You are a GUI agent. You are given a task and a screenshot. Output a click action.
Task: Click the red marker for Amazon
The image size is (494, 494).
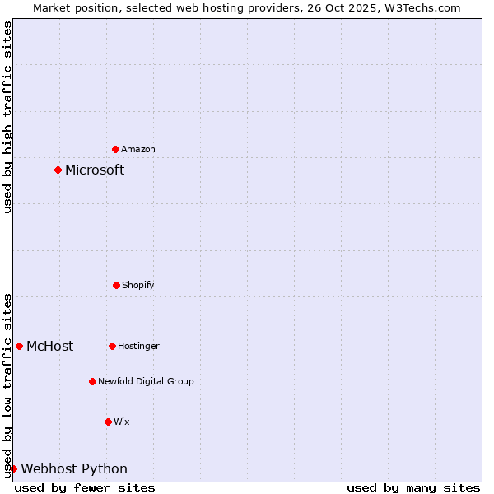pyautogui.click(x=115, y=149)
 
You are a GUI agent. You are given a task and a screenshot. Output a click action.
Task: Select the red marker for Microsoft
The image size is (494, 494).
pyautogui.click(x=58, y=170)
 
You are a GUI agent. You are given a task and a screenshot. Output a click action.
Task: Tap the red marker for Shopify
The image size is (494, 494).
pyautogui.click(x=116, y=285)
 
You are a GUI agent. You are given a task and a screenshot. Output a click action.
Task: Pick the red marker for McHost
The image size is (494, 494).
pyautogui.click(x=19, y=346)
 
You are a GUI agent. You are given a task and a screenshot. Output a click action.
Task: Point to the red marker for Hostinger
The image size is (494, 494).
pyautogui.click(x=112, y=346)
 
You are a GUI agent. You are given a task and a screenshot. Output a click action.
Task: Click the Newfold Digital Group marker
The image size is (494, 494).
pyautogui.click(x=92, y=381)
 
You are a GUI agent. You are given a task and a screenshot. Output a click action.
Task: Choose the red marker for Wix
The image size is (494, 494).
pyautogui.click(x=108, y=422)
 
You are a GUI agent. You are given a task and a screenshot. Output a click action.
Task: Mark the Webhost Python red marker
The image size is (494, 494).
pyautogui.click(x=13, y=468)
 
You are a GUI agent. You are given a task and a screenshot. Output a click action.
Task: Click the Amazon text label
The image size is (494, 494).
pyautogui.click(x=138, y=149)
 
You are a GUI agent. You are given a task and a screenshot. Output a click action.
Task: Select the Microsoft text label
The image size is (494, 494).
pyautogui.click(x=95, y=170)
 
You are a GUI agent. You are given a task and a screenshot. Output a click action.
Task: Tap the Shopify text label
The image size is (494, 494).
pyautogui.click(x=138, y=285)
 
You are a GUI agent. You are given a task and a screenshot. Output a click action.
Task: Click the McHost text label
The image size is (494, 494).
pyautogui.click(x=49, y=346)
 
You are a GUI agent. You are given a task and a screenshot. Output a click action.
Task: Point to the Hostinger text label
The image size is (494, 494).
pyautogui.click(x=138, y=346)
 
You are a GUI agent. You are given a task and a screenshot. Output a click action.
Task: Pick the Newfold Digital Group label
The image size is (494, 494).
pyautogui.click(x=146, y=381)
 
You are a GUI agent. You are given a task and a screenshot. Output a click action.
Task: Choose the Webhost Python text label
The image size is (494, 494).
pyautogui.click(x=74, y=468)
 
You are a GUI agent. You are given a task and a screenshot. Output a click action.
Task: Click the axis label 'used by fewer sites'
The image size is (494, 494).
pyautogui.click(x=85, y=487)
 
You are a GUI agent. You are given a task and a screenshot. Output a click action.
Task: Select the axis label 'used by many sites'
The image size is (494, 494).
pyautogui.click(x=413, y=487)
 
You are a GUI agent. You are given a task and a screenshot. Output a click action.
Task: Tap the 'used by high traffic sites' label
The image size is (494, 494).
pyautogui.click(x=7, y=117)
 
